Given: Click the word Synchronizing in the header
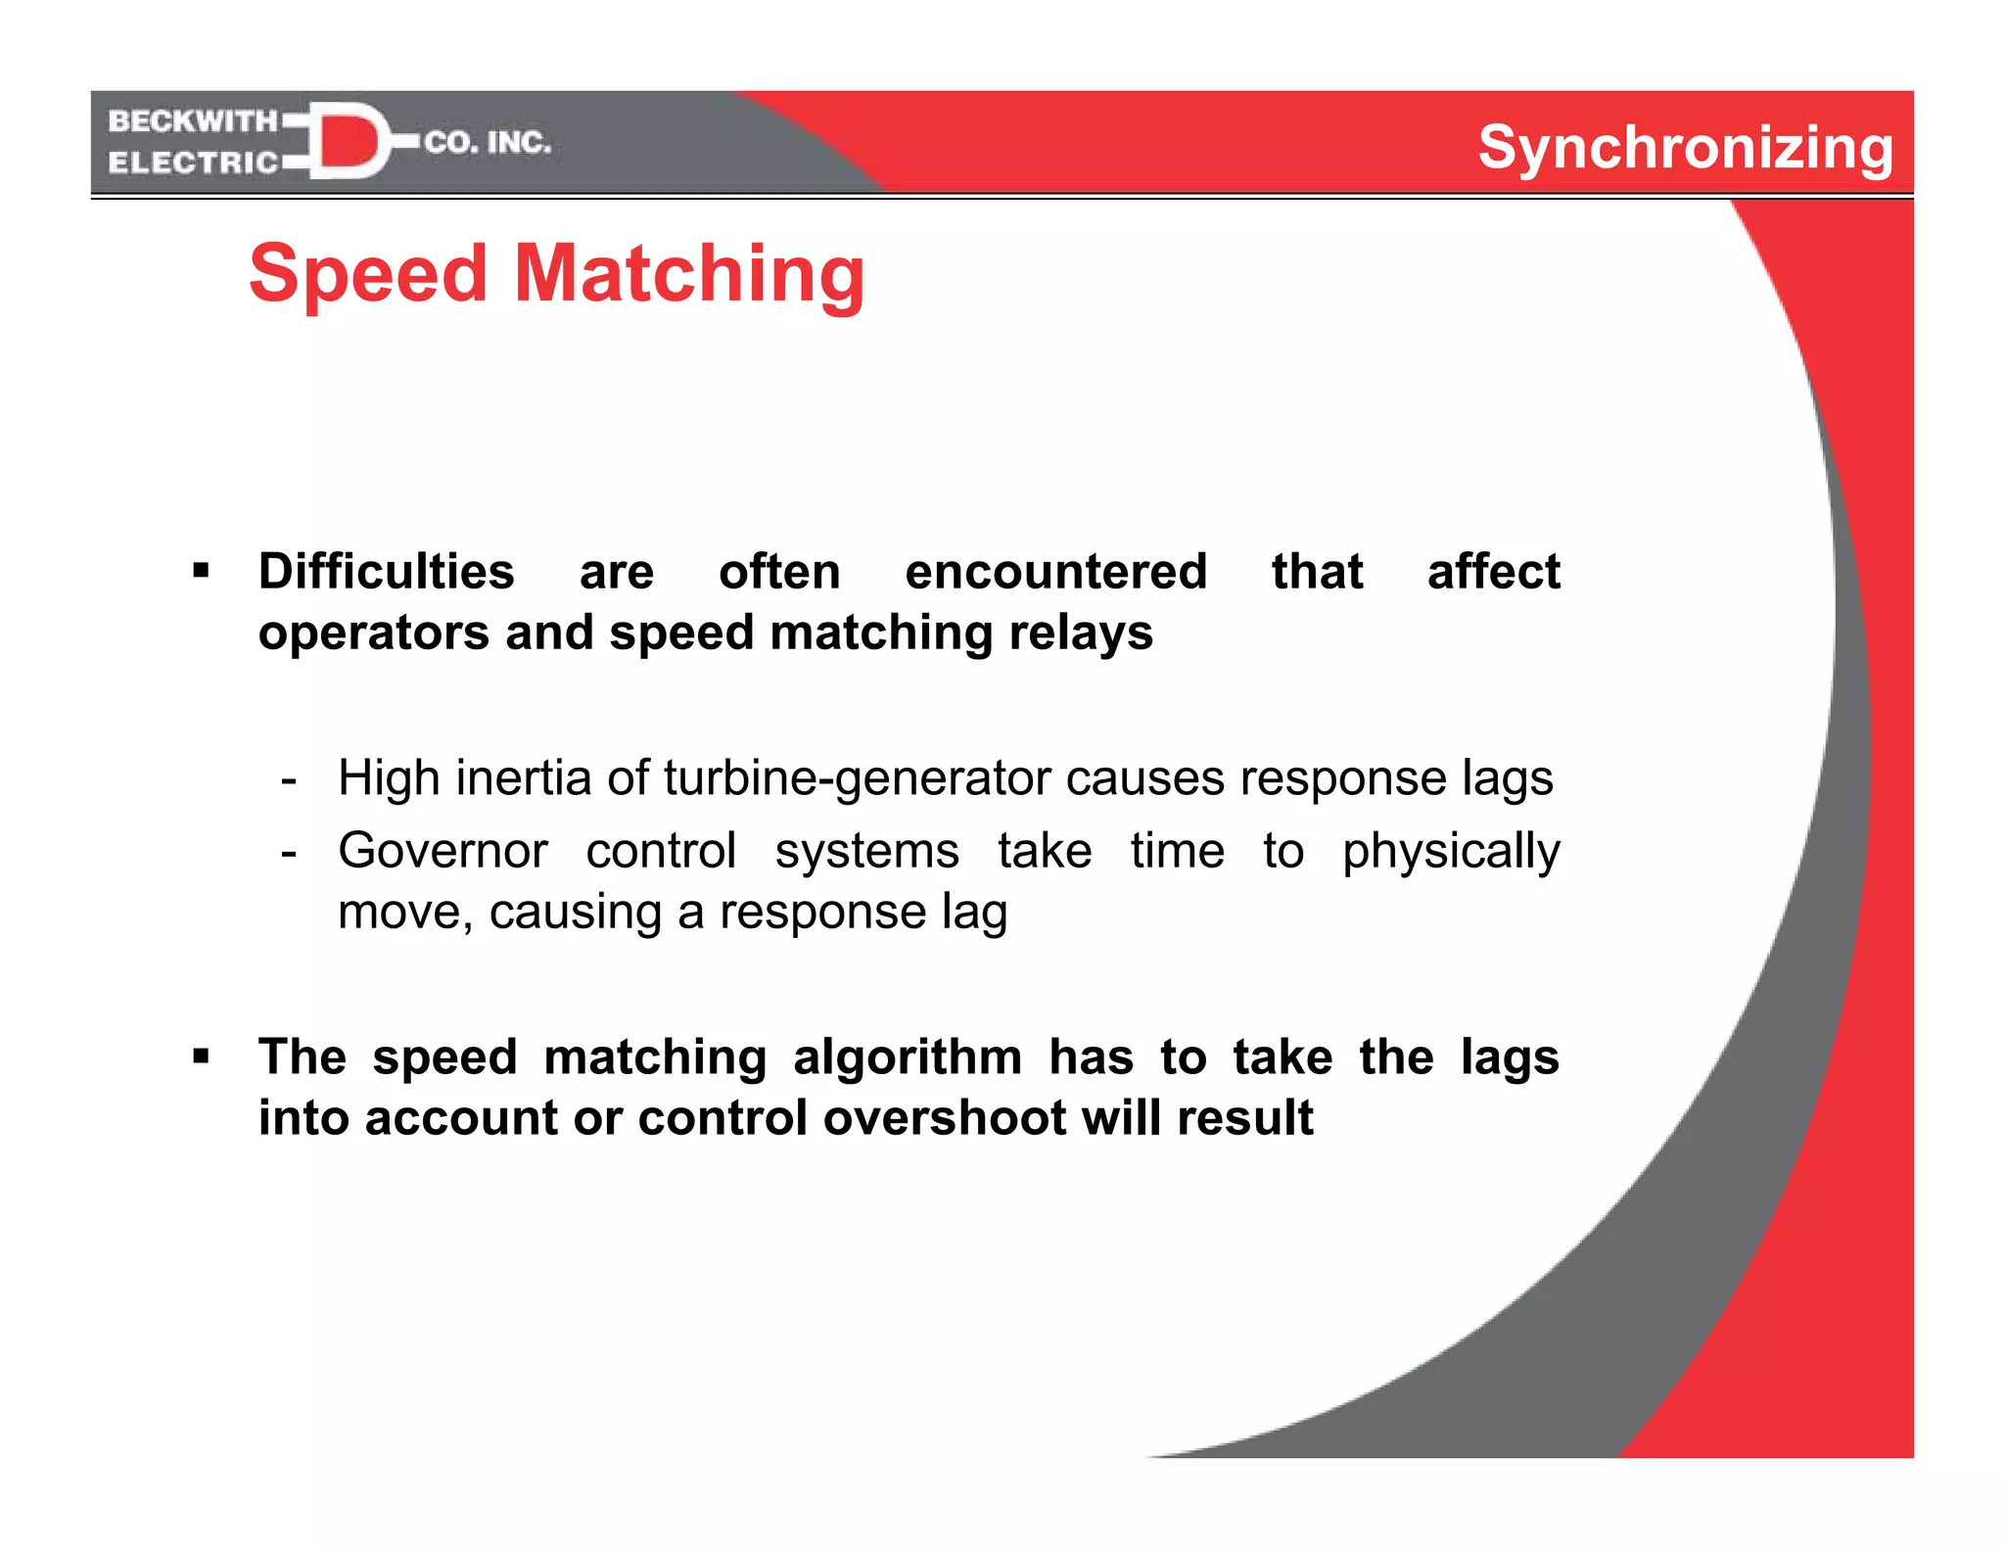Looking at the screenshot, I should pyautogui.click(x=1685, y=148).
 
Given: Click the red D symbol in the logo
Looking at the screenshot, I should pyautogui.click(x=348, y=141).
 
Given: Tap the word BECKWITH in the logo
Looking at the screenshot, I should pyautogui.click(x=193, y=121).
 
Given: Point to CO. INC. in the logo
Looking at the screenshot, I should pyautogui.click(x=488, y=143).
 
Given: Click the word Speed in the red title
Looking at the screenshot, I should pyautogui.click(x=368, y=273).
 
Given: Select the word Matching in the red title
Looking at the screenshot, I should pyautogui.click(x=689, y=275).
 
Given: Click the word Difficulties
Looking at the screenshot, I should pyautogui.click(x=386, y=571).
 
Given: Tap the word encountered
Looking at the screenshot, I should pyautogui.click(x=1055, y=571).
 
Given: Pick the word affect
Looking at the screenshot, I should pyautogui.click(x=1493, y=571).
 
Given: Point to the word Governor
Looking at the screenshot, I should pyautogui.click(x=443, y=850).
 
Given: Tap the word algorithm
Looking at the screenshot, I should pyautogui.click(x=908, y=1057).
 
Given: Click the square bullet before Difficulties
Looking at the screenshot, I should pyautogui.click(x=202, y=571).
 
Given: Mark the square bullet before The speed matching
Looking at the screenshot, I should pyautogui.click(x=202, y=1056).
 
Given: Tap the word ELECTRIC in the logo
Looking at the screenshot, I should pyautogui.click(x=193, y=163).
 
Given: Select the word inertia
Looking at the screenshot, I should pyautogui.click(x=523, y=778).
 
